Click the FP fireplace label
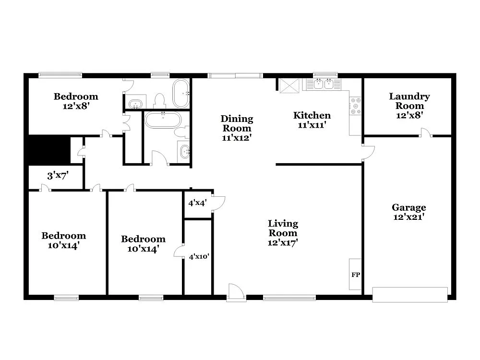point(356,275)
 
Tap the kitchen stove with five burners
point(355,106)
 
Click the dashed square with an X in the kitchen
point(289,85)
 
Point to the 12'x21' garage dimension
point(409,216)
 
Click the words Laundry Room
point(409,101)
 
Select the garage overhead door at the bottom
point(410,294)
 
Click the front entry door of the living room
point(236,292)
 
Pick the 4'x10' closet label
point(199,257)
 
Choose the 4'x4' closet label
point(197,203)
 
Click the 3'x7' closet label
point(58,176)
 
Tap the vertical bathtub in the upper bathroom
point(181,93)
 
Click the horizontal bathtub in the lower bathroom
point(163,120)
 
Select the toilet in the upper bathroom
point(159,101)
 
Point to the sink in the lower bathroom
point(184,152)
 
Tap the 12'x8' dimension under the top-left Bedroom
point(76,106)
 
